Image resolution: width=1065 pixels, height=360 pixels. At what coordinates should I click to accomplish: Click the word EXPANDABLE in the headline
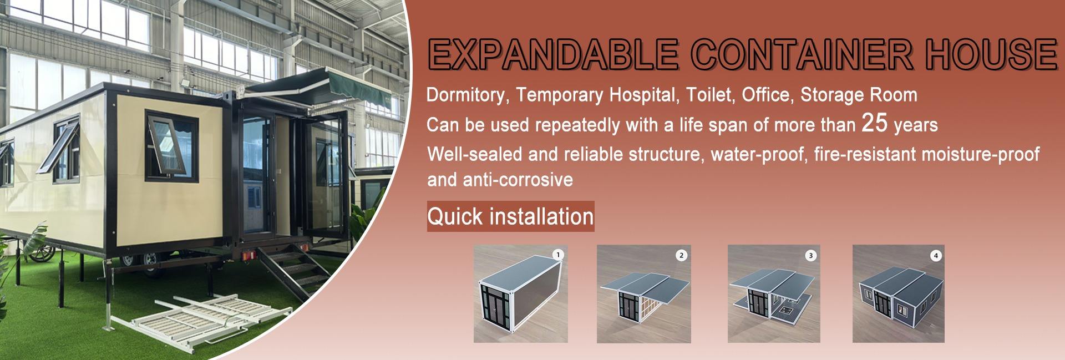(x=554, y=54)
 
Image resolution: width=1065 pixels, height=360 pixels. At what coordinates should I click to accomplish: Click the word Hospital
(x=643, y=95)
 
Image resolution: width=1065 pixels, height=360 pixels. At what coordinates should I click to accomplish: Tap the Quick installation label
(x=510, y=216)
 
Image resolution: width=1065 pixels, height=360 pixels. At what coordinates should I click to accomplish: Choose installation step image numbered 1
(x=520, y=294)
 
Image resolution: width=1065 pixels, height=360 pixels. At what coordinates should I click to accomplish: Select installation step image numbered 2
(x=643, y=294)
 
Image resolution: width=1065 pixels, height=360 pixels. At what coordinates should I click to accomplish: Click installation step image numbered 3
(x=774, y=294)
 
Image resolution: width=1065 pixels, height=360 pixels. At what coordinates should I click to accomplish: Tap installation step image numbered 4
(x=898, y=294)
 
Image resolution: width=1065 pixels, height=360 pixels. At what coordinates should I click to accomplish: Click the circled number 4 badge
(x=936, y=256)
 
